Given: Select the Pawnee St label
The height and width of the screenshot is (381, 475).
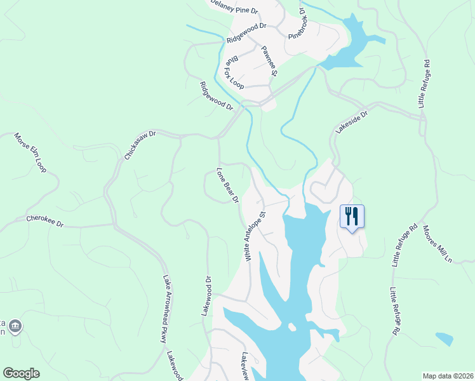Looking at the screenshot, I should (x=269, y=60).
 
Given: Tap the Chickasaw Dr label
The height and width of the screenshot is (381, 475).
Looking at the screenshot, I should (x=139, y=145).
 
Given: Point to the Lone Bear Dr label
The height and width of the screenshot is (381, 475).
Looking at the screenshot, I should (x=227, y=185).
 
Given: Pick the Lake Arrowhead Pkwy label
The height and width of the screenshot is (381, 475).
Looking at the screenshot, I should (x=168, y=309).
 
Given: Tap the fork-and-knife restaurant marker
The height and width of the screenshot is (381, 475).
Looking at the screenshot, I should (x=352, y=216).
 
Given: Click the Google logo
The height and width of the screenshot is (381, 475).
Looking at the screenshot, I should (x=21, y=373).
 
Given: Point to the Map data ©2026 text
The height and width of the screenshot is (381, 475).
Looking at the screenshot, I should (x=447, y=376).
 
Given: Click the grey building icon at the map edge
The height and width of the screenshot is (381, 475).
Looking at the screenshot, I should (x=16, y=327).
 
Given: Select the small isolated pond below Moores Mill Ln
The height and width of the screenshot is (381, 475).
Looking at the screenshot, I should (x=445, y=338).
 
